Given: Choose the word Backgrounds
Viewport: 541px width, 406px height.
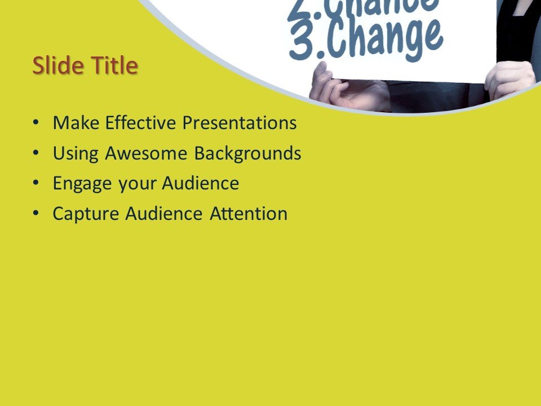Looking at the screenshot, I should pyautogui.click(x=248, y=154).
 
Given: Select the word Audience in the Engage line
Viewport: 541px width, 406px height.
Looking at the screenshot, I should pyautogui.click(x=201, y=183).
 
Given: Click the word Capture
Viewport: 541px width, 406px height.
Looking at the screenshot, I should pyautogui.click(x=86, y=214).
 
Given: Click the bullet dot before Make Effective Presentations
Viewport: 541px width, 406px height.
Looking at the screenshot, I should pyautogui.click(x=37, y=122).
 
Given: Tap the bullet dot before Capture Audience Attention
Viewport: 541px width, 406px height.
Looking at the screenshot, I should pyautogui.click(x=37, y=213).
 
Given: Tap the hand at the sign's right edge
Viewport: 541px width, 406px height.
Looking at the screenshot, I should pyautogui.click(x=509, y=79).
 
